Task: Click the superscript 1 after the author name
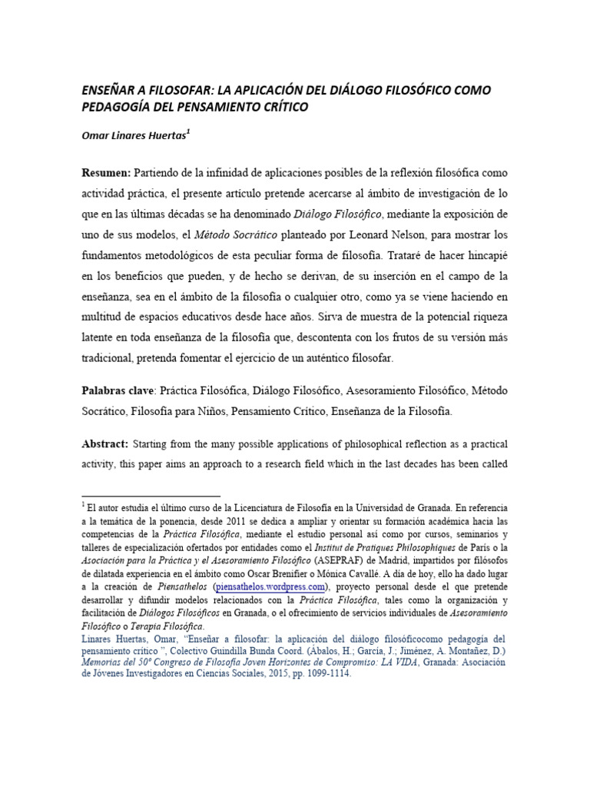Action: coord(188,131)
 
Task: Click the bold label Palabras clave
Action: coord(118,390)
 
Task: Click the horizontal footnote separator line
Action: coord(151,496)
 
